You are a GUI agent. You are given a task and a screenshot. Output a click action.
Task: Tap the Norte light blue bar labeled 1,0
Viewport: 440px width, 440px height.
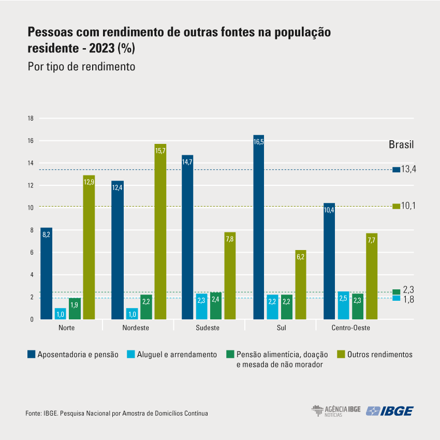click(61, 314)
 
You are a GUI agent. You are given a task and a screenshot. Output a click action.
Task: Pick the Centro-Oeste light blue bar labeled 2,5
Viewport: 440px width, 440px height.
click(343, 305)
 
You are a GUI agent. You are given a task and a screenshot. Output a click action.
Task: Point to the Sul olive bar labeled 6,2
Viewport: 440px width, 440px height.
click(301, 285)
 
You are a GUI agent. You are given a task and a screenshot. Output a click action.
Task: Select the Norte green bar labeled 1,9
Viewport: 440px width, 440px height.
click(75, 309)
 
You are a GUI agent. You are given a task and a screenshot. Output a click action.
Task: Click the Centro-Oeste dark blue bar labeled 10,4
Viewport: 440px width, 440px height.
click(329, 261)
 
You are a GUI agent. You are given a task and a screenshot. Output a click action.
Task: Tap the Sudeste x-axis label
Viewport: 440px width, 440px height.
click(208, 328)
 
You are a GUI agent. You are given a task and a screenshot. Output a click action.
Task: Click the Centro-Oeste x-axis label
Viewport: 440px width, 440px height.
click(350, 328)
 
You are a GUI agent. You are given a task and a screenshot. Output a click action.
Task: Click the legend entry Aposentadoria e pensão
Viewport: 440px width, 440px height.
click(73, 355)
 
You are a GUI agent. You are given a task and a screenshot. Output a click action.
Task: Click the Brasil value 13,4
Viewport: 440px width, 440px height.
click(408, 169)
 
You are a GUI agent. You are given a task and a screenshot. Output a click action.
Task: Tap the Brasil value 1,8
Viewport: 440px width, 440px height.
click(408, 299)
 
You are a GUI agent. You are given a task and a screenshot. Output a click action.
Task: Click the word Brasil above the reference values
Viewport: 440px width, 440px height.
click(401, 144)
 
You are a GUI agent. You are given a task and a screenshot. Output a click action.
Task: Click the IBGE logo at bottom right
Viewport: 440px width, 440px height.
click(390, 411)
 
